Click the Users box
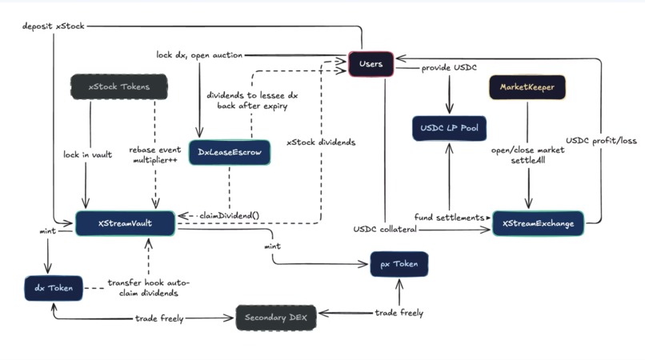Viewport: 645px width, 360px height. click(x=371, y=64)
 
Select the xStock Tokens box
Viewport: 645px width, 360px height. click(x=119, y=86)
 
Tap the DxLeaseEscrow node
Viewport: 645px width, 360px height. click(x=230, y=152)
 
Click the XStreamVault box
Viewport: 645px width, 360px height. click(x=125, y=223)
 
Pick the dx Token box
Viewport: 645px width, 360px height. click(x=54, y=287)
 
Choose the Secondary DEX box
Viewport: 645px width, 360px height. click(x=276, y=318)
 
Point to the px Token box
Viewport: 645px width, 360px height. click(x=399, y=264)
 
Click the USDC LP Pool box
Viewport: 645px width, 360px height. click(x=449, y=128)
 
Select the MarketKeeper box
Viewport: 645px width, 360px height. click(x=527, y=86)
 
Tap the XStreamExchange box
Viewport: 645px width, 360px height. click(x=538, y=223)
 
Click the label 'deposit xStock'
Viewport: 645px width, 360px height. click(x=53, y=26)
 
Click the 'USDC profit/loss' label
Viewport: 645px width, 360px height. click(x=602, y=141)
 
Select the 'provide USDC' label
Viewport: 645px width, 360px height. click(x=450, y=69)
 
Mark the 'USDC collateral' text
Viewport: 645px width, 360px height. click(x=384, y=230)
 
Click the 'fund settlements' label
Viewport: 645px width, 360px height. click(x=448, y=217)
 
